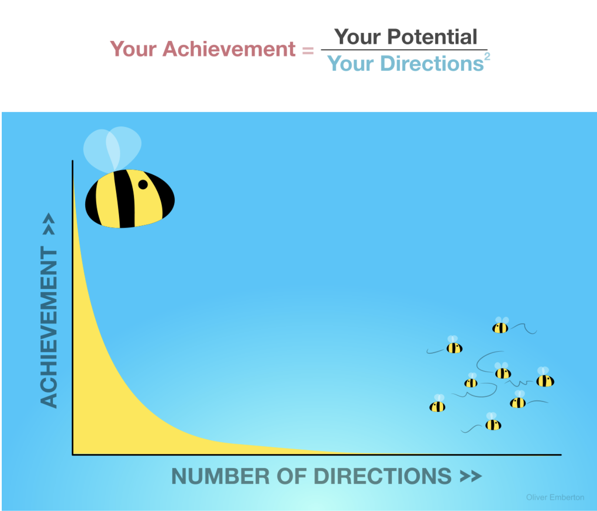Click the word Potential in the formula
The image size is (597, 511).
[432, 37]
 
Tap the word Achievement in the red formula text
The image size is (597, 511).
[229, 49]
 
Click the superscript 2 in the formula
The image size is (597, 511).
[487, 56]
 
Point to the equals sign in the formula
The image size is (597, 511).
[308, 50]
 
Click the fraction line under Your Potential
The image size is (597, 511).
[404, 50]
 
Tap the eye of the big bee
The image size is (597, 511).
[143, 184]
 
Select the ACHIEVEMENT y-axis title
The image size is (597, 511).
[49, 327]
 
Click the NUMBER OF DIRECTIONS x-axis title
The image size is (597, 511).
[311, 476]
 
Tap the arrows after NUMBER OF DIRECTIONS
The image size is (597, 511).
[471, 477]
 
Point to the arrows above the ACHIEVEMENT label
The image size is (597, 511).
[49, 224]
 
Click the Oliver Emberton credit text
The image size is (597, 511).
[555, 497]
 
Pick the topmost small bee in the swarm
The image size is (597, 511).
[500, 326]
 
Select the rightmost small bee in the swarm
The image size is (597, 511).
[545, 378]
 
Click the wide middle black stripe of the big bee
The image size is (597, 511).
[124, 199]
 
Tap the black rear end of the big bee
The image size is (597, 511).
[92, 204]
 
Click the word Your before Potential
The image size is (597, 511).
[358, 37]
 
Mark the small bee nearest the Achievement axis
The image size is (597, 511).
[437, 404]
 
